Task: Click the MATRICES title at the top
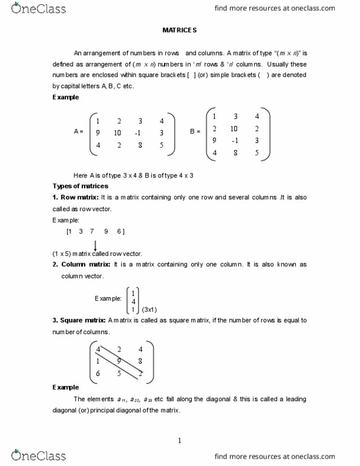click(x=179, y=30)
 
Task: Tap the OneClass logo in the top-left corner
click(x=38, y=9)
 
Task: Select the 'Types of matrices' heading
click(x=80, y=186)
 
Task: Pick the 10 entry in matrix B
click(x=234, y=128)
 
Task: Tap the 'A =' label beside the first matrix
click(x=78, y=132)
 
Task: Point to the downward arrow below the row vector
click(x=95, y=244)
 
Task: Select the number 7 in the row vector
click(x=91, y=231)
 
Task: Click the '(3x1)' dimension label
click(x=149, y=309)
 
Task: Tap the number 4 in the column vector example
click(x=133, y=301)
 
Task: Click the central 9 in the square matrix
click(x=119, y=361)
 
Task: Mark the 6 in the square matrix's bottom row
click(x=98, y=373)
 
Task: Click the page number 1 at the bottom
click(x=180, y=441)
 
